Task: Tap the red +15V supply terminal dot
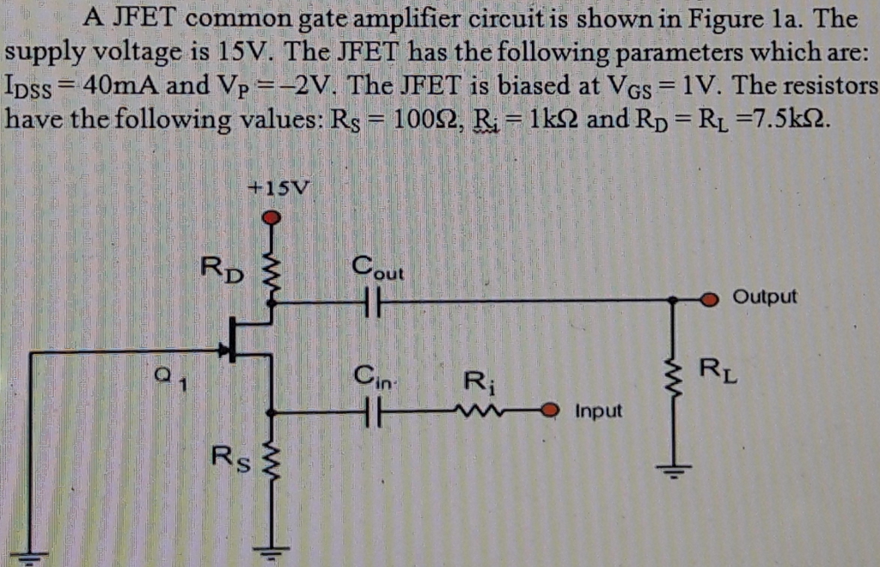[272, 217]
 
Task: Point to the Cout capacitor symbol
[370, 302]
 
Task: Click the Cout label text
[376, 269]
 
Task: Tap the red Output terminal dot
[709, 300]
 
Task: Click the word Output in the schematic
[764, 297]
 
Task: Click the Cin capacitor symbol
[370, 412]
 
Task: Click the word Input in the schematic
[598, 411]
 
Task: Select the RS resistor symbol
[272, 464]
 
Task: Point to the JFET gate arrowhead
[225, 350]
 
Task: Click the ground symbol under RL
[674, 471]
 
